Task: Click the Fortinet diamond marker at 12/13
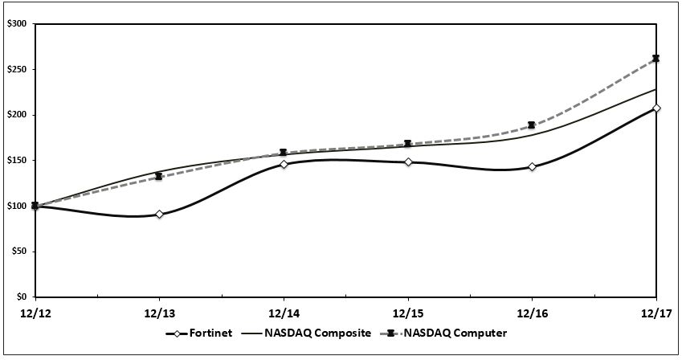(x=159, y=215)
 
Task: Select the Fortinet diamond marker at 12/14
(x=284, y=165)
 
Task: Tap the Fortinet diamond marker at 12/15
(x=408, y=162)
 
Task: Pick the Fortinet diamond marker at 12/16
(x=532, y=167)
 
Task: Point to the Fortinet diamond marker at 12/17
(x=656, y=108)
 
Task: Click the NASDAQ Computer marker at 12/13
(x=159, y=177)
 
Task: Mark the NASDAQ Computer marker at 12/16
(x=532, y=125)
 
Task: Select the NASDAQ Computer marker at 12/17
(x=656, y=59)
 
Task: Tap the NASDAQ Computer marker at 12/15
(x=408, y=144)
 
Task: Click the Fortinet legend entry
(x=198, y=333)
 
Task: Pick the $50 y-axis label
(x=18, y=252)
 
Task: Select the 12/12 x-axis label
(x=35, y=313)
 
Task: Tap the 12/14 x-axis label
(x=284, y=313)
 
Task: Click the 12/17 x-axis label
(x=656, y=313)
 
